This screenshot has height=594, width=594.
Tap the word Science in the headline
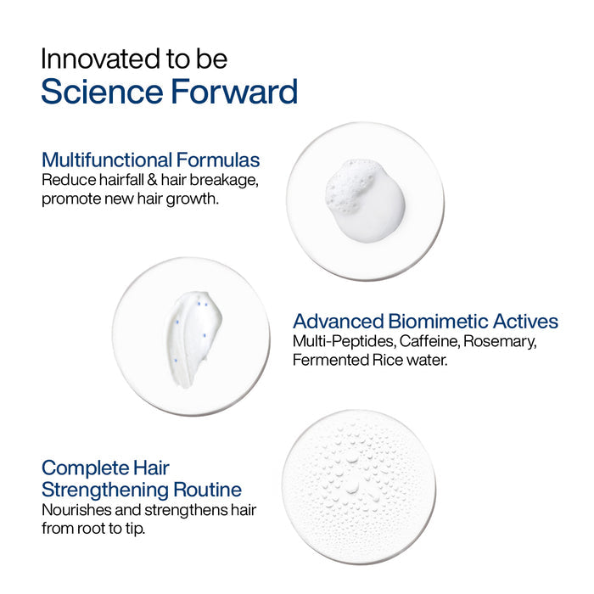[x=103, y=92]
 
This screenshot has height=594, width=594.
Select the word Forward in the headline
[x=234, y=92]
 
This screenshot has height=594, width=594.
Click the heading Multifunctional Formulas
[x=151, y=160]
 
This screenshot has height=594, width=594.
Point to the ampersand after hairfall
[x=152, y=180]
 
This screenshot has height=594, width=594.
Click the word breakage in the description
[x=224, y=180]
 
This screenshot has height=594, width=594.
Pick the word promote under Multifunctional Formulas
[x=71, y=199]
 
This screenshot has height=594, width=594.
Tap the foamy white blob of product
[x=366, y=200]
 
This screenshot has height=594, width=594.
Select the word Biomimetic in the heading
[x=438, y=322]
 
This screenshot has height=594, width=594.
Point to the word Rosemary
[x=500, y=342]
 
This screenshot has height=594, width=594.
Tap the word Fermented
[x=330, y=360]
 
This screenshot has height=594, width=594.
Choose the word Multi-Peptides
[x=345, y=342]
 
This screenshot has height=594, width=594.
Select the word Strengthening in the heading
[x=105, y=490]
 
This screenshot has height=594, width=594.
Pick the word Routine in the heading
[x=208, y=490]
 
